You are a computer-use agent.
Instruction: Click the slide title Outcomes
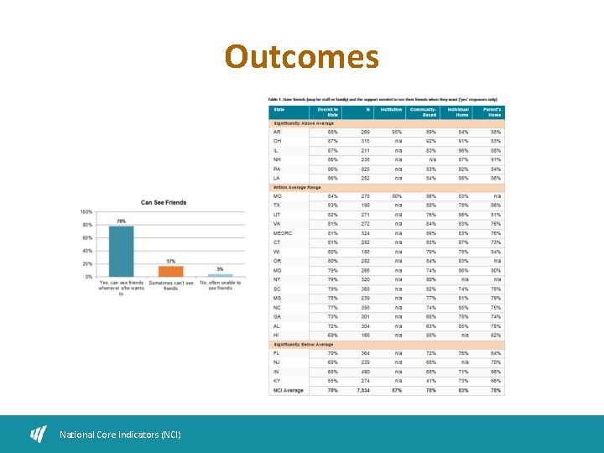301,58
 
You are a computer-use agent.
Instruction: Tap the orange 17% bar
170,271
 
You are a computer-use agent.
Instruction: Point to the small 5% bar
221,275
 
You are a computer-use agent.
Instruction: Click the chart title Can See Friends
164,202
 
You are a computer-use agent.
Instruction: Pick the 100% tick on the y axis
86,212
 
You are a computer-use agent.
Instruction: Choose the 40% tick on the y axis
86,251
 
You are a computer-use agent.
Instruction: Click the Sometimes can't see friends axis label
170,286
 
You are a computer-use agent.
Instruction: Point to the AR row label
277,132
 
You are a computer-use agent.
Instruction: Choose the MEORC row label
283,232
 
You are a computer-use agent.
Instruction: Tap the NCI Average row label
288,390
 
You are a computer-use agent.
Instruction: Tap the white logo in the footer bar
39,434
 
